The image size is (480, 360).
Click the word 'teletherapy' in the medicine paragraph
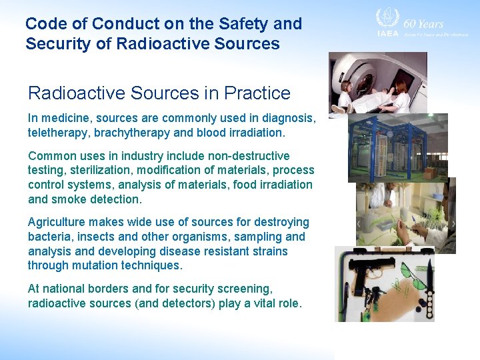58,133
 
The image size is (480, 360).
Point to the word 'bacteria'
49,237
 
